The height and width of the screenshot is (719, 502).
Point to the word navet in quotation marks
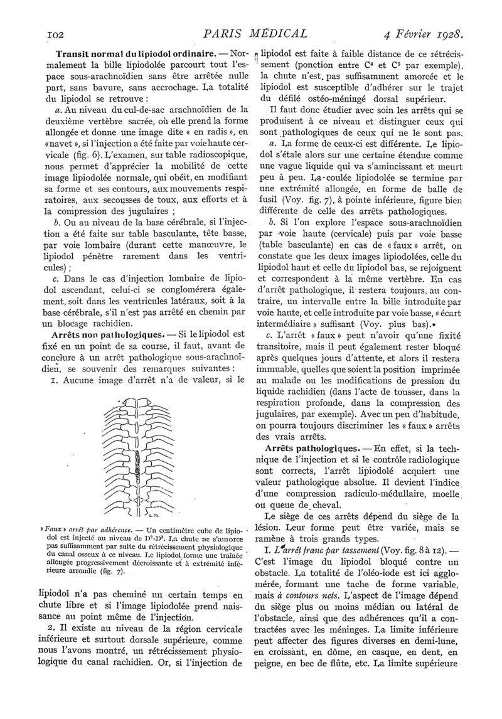tap(73, 142)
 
